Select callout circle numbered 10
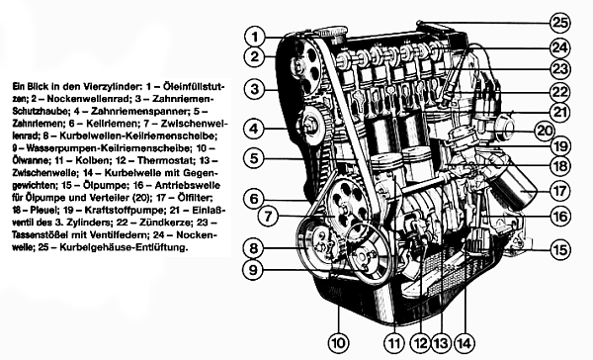tap(339, 343)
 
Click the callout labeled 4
tap(254, 128)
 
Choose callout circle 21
tap(561, 114)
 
